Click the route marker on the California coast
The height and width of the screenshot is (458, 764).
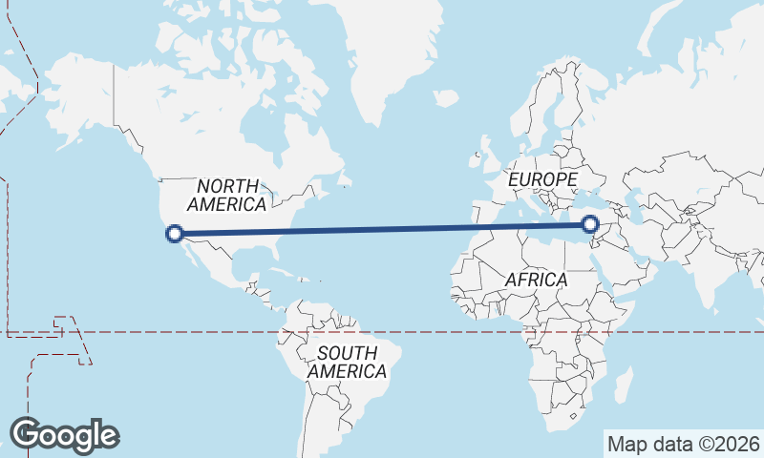pos(175,233)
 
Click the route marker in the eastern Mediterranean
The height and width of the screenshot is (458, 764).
pos(591,225)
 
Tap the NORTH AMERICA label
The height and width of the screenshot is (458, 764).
pos(227,195)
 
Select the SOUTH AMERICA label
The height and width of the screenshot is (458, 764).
pos(347,363)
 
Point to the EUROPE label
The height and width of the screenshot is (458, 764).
pos(542,179)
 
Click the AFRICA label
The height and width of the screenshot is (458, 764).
pos(536,281)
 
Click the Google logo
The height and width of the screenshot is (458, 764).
pos(64,435)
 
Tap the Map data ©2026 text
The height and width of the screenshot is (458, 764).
pos(683,444)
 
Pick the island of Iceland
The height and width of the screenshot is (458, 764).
pos(446,97)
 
